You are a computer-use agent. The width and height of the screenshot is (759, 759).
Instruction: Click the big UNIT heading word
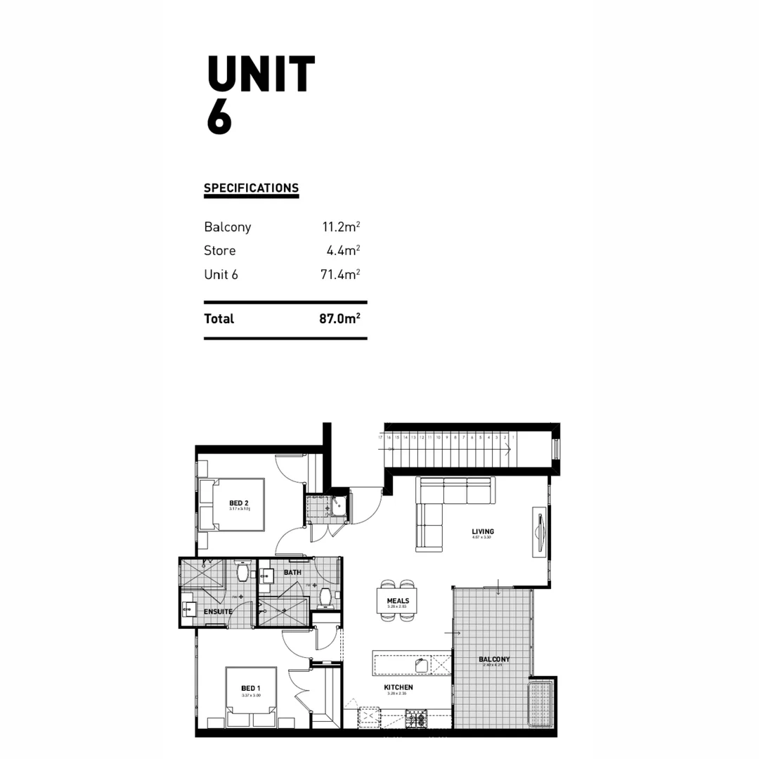(x=261, y=74)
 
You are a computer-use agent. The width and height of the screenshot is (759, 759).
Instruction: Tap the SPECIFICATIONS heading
(x=251, y=188)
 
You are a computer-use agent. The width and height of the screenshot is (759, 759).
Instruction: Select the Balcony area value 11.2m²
(x=341, y=227)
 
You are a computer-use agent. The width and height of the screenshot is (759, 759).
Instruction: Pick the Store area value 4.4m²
(x=343, y=251)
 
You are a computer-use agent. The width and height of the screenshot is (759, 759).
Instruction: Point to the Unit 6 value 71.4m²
(x=340, y=274)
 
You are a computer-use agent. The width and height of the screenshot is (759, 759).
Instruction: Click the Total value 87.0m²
(x=339, y=318)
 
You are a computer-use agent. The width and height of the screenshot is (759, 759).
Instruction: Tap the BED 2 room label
(x=239, y=503)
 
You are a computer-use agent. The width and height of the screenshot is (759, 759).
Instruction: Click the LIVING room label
(x=483, y=532)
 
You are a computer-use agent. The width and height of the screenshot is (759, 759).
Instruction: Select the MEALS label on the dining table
(x=398, y=601)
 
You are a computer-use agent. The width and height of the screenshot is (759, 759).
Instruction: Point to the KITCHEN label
(x=398, y=687)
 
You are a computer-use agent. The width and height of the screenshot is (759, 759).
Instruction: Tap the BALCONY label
(x=494, y=659)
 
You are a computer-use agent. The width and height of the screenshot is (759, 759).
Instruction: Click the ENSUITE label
(x=218, y=611)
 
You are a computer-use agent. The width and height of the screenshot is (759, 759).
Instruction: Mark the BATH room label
(x=292, y=573)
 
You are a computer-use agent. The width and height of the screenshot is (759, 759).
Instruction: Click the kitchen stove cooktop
(x=416, y=719)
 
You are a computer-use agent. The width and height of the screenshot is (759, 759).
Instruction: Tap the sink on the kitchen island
(x=422, y=665)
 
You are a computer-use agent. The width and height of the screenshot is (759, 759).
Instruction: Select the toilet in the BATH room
(x=325, y=597)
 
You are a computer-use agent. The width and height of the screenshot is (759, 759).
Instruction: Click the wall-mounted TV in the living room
(x=539, y=532)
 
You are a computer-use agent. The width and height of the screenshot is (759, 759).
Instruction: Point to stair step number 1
(x=514, y=437)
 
